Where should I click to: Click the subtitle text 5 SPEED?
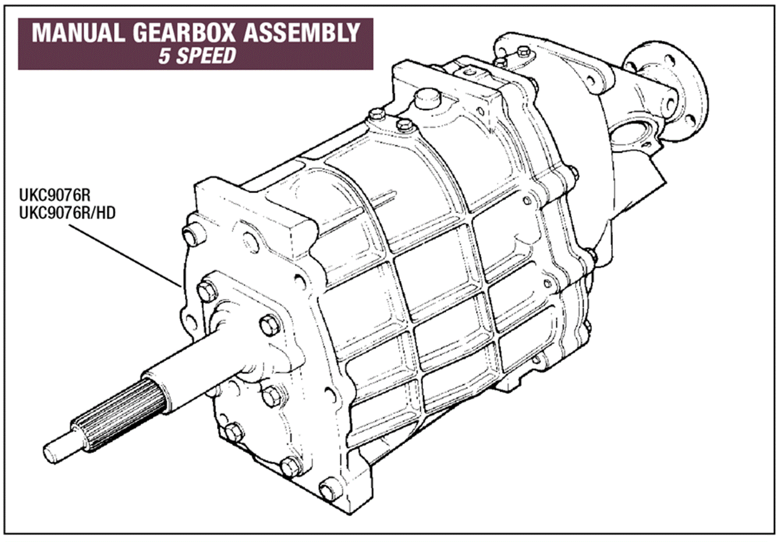[197, 56]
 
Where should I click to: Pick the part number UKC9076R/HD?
[67, 213]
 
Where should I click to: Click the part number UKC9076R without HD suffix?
[55, 195]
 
